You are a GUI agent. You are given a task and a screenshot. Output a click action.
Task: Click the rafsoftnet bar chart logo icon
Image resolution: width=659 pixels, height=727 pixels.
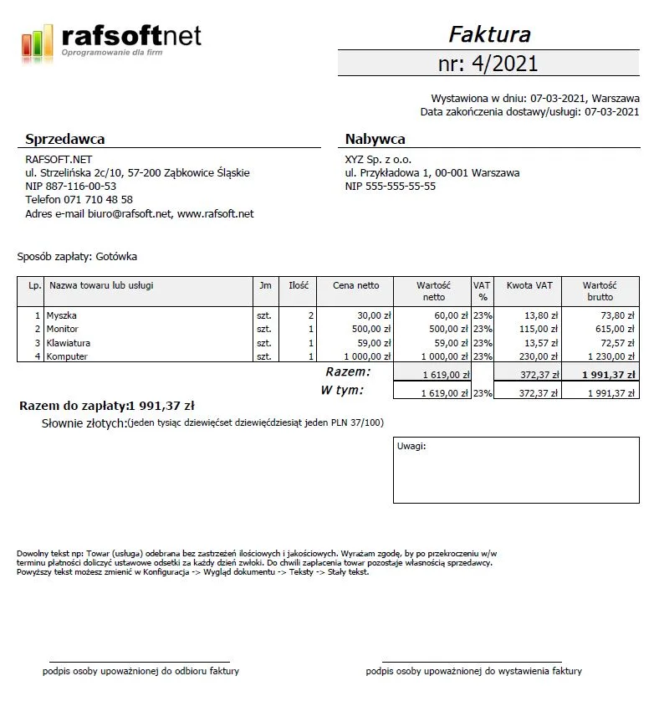tap(37, 42)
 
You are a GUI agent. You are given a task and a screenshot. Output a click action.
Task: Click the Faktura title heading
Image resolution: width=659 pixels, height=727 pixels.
tap(489, 34)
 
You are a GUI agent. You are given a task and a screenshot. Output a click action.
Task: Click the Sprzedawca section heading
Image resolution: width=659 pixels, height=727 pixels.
tap(65, 139)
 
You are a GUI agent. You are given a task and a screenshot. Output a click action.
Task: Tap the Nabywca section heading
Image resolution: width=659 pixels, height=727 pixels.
tap(375, 139)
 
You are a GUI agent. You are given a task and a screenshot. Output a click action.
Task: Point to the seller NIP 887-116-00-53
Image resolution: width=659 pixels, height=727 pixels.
tap(71, 187)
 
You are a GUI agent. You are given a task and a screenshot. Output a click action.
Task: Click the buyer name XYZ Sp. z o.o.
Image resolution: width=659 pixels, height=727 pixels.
tap(378, 160)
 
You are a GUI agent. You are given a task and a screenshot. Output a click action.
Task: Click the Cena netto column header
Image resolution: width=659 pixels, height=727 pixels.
tap(355, 285)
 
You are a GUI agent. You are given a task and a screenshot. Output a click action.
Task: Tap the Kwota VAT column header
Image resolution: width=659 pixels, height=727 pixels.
tap(529, 285)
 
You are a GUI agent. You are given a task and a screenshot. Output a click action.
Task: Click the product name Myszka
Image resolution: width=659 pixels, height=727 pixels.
tap(62, 316)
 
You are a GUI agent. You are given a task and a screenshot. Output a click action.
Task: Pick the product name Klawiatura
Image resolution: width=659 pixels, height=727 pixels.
tap(69, 343)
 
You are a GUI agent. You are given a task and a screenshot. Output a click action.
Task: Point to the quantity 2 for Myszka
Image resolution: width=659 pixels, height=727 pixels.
tap(310, 316)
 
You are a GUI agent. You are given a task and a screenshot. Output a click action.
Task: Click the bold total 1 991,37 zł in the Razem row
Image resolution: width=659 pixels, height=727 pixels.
tap(608, 375)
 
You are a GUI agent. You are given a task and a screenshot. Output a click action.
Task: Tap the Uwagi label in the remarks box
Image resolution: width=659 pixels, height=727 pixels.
tap(411, 446)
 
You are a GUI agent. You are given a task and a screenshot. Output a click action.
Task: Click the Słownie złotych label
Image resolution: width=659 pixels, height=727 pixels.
tap(84, 423)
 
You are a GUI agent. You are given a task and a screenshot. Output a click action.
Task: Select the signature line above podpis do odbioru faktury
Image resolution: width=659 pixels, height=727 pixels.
tap(139, 661)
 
